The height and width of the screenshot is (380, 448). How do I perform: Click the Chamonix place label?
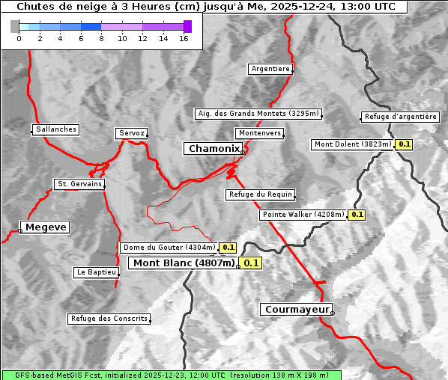214,149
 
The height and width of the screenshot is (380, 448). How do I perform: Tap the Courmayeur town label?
297,309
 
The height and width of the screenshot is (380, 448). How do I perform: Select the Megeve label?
46,227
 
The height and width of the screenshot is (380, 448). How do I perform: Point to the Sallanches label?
56,129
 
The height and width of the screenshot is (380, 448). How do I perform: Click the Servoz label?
132,133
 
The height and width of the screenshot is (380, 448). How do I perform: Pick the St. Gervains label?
79,184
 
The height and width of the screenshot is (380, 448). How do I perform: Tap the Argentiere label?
270,69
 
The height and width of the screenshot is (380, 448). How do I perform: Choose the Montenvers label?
260,133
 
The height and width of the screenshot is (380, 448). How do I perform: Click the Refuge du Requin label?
261,194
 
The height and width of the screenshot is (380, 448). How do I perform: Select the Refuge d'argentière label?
400,117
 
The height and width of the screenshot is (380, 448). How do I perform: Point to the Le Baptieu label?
96,272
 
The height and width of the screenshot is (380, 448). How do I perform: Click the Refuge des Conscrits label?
109,319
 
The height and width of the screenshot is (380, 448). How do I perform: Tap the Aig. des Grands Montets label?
258,114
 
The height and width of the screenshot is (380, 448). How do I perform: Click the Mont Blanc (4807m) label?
184,263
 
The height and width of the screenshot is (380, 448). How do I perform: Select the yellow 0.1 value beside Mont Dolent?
405,144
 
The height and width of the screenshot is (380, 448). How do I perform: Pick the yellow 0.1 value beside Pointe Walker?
357,215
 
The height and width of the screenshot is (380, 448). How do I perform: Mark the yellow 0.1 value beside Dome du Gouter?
228,248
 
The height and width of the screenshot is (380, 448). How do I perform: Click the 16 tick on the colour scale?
184,37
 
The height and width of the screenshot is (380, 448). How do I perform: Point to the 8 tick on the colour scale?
101,37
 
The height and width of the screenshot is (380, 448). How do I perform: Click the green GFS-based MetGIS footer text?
172,375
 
